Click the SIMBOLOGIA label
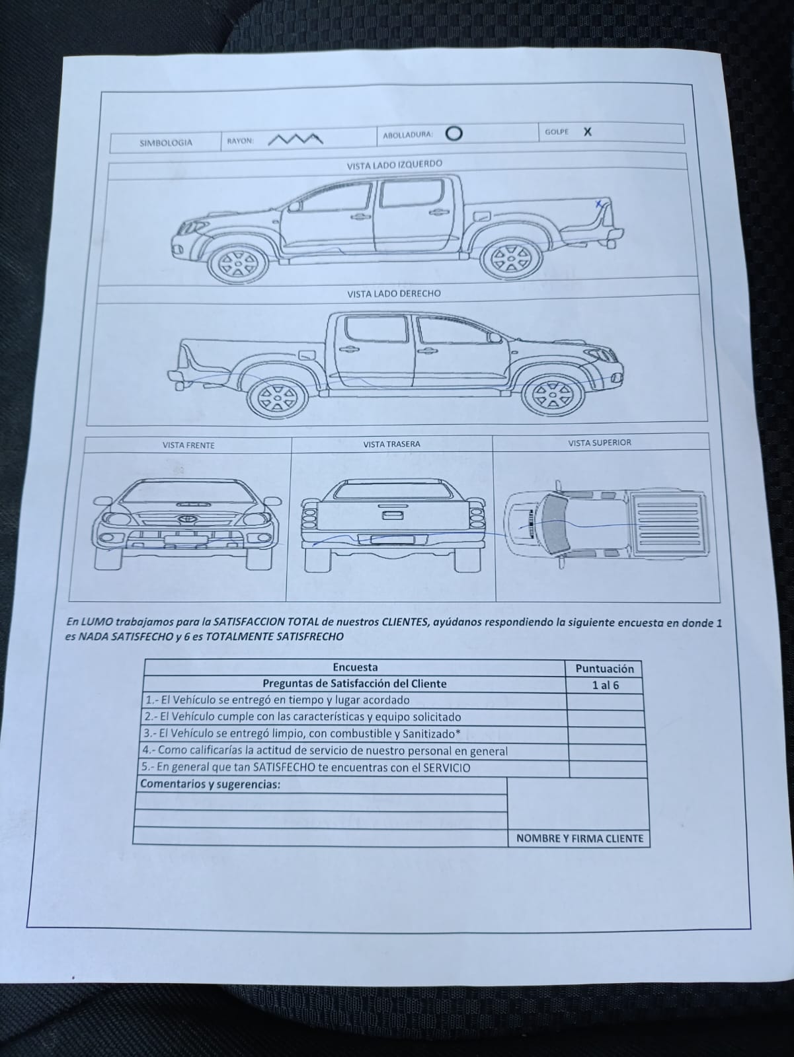click(166, 143)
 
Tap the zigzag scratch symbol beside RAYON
click(296, 139)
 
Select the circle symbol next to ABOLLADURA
click(454, 133)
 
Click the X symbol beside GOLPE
click(587, 131)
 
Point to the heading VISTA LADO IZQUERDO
click(395, 164)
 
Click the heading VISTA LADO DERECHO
click(394, 293)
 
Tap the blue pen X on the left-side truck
click(599, 204)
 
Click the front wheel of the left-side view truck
click(237, 263)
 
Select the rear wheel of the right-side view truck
click(278, 398)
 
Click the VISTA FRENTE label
click(188, 445)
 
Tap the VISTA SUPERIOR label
click(600, 443)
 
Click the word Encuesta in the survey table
click(355, 667)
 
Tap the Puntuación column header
click(604, 669)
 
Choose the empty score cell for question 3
click(606, 735)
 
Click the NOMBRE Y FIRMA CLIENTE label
click(580, 838)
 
